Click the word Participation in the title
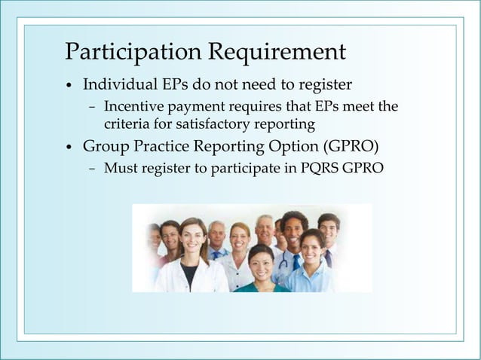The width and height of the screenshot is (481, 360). [133, 53]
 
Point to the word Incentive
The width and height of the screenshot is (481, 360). [131, 106]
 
